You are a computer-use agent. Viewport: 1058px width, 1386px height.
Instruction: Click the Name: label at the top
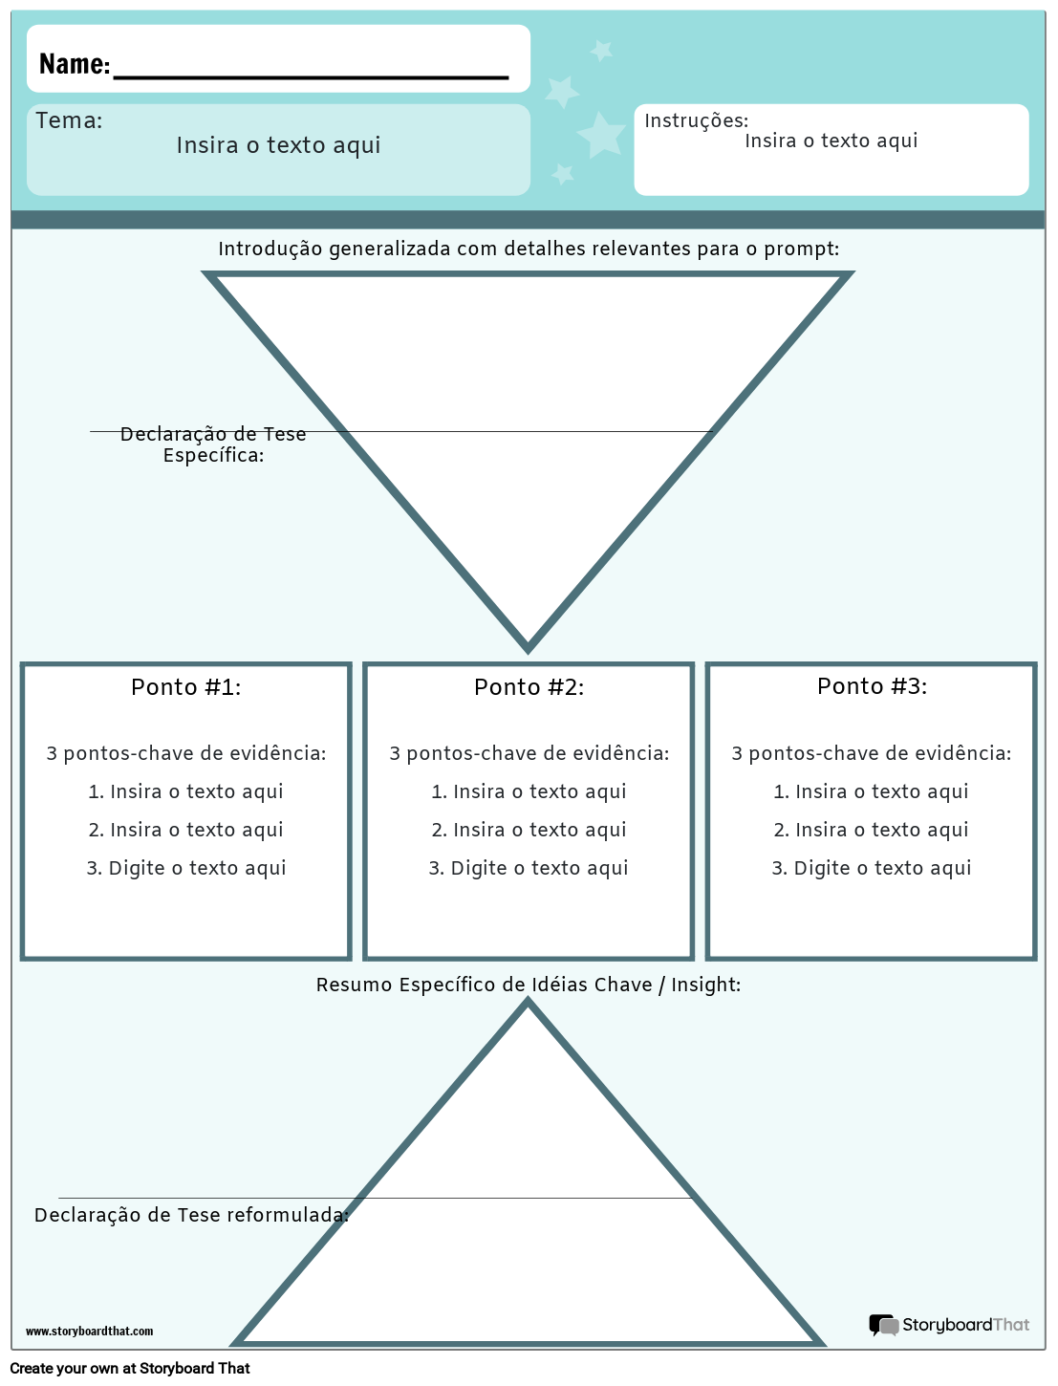point(75,64)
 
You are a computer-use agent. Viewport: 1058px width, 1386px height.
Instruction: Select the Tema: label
point(69,120)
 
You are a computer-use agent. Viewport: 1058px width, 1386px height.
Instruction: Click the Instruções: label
point(696,120)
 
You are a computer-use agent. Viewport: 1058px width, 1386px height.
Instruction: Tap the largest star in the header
point(601,135)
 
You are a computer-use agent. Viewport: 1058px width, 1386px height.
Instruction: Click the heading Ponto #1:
point(186,687)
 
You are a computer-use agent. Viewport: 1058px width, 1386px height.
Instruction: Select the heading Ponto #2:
point(529,687)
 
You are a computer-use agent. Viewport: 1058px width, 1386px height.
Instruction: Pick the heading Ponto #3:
point(872,686)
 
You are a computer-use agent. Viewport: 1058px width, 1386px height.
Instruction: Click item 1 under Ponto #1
point(186,791)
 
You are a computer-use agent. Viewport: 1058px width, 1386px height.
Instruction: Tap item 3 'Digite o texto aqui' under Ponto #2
point(529,868)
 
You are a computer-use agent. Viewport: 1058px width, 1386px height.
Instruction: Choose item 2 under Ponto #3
point(871,830)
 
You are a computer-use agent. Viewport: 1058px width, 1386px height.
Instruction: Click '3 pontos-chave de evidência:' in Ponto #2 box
point(529,753)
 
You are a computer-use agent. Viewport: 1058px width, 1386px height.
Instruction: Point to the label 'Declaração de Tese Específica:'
point(213,444)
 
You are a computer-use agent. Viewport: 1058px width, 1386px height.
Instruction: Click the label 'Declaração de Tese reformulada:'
point(191,1215)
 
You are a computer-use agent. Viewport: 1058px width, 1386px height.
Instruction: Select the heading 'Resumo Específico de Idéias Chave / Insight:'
point(529,985)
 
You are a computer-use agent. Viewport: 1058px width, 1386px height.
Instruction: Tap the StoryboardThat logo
point(949,1325)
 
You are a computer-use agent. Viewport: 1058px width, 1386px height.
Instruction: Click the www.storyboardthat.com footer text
point(89,1331)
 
